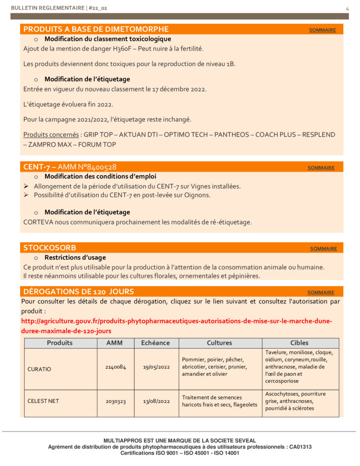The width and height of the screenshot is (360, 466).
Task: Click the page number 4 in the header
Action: [347, 8]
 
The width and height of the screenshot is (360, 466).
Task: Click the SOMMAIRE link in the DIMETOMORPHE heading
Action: [322, 30]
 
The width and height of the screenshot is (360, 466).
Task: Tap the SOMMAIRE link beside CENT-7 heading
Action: [321, 167]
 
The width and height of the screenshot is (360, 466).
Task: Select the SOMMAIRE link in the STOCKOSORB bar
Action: [324, 248]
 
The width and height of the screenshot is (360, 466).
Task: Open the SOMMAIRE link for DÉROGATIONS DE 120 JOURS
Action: [321, 292]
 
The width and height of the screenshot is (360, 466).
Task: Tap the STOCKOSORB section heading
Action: [50, 248]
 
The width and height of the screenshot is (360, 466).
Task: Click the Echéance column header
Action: [155, 343]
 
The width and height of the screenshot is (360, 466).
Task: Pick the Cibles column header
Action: [299, 343]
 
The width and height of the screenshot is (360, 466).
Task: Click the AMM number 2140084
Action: [116, 366]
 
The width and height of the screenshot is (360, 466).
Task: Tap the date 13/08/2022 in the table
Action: [156, 401]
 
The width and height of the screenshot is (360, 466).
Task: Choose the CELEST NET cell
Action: [43, 401]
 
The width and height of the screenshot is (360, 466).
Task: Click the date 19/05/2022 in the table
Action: [156, 366]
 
